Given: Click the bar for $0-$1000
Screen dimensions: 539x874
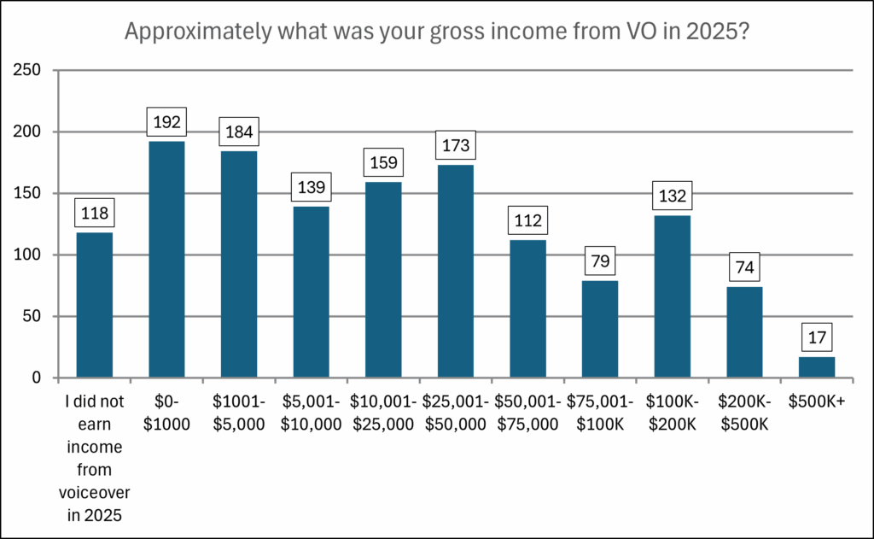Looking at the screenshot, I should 166,260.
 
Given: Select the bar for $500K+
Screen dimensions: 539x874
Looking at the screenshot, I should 816,367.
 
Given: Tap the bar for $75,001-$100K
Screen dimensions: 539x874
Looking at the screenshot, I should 599,329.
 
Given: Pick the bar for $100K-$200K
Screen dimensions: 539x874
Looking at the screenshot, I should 672,296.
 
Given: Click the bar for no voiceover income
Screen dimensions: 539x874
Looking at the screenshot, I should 94,305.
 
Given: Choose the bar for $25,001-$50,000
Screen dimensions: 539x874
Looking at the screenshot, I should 455,272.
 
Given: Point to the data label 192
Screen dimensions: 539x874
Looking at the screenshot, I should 166,122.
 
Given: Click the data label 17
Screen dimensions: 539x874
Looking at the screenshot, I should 816,337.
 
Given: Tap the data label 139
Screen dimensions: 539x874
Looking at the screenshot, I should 311,187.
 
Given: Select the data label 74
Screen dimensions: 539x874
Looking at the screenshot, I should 743,267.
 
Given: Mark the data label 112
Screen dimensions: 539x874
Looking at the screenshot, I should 527,220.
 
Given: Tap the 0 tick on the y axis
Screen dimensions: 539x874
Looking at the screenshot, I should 38,378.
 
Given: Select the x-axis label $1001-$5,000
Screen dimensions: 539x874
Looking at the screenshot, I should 238,413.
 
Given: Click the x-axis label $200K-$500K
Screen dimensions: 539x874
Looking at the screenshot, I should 743,413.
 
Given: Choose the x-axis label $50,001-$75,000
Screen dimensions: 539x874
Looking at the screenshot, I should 527,413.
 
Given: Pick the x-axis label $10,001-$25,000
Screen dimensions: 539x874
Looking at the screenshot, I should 383,413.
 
